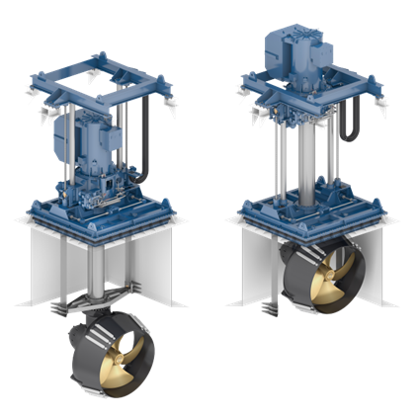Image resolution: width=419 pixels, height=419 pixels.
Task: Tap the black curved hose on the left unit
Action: (141, 158)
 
